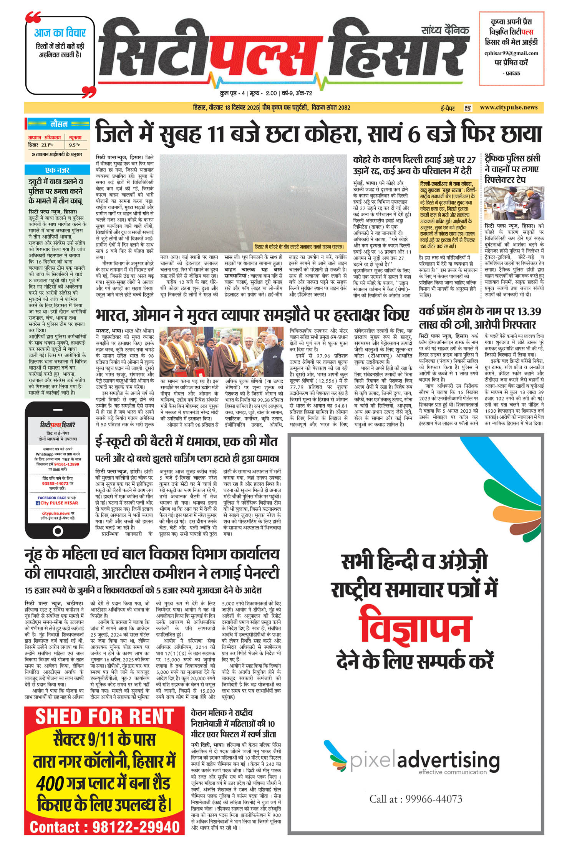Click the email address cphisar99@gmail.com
(x=511, y=53)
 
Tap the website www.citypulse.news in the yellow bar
(x=509, y=107)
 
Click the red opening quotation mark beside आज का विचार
(x=33, y=17)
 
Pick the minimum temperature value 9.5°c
(x=74, y=145)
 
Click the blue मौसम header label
(x=59, y=124)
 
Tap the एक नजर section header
(x=57, y=170)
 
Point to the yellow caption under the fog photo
(x=299, y=247)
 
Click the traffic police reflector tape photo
(x=514, y=203)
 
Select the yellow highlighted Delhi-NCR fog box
(x=448, y=215)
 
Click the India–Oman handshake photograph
(x=221, y=352)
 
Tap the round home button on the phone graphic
(x=58, y=531)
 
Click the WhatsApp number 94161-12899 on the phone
(x=66, y=464)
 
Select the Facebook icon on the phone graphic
(x=38, y=503)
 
